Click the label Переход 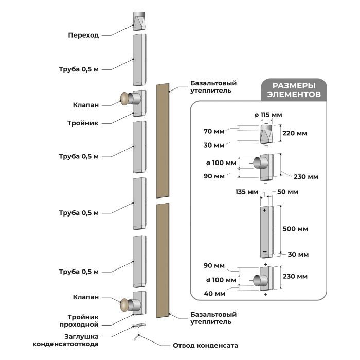pyautogui.click(x=83, y=35)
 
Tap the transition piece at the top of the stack pyautogui.click(x=139, y=22)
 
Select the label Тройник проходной pyautogui.click(x=79, y=321)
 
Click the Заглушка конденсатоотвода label pyautogui.click(x=65, y=340)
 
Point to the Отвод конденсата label pyautogui.click(x=205, y=345)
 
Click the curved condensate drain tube pyautogui.click(x=137, y=337)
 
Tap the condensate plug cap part pyautogui.click(x=138, y=325)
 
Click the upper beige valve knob pyautogui.click(x=124, y=99)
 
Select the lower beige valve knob pyautogui.click(x=124, y=304)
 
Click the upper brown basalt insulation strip pyautogui.click(x=163, y=140)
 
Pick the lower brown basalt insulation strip pyautogui.click(x=163, y=260)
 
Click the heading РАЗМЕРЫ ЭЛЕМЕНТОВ pyautogui.click(x=294, y=90)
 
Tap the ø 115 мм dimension pyautogui.click(x=268, y=115)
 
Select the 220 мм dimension pyautogui.click(x=295, y=133)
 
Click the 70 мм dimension pyautogui.click(x=214, y=131)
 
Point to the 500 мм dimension pyautogui.click(x=295, y=229)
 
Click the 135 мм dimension pyautogui.click(x=246, y=192)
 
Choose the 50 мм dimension pyautogui.click(x=287, y=192)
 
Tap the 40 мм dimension pyautogui.click(x=214, y=294)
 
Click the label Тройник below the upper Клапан pyautogui.click(x=83, y=123)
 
